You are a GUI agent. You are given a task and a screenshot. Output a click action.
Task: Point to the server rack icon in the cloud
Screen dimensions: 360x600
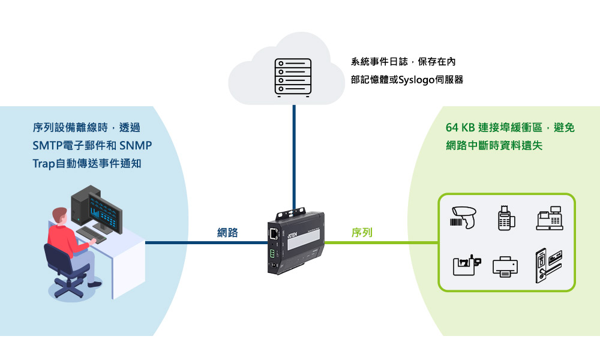point(293,77)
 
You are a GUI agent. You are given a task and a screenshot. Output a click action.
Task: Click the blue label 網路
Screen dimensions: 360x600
point(227,233)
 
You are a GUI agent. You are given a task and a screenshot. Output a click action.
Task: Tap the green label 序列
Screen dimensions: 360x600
point(362,233)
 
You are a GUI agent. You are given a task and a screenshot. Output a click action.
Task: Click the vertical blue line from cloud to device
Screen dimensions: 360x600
point(294,156)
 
